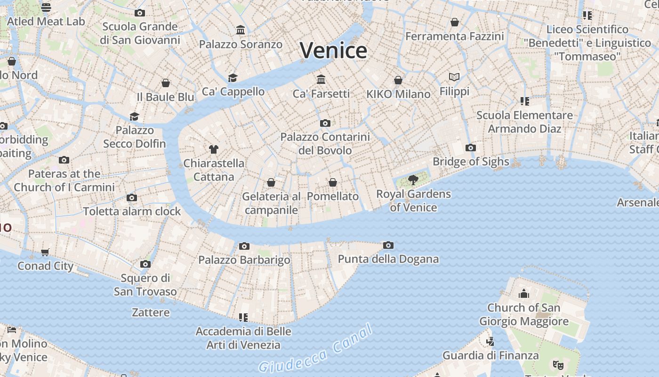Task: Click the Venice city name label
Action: coord(333,50)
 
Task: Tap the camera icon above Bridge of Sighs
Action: coord(470,148)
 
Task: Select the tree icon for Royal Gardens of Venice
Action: coord(413,180)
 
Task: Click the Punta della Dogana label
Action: coord(388,259)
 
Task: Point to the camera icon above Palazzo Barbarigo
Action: coord(244,246)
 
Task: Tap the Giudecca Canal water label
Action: coord(315,350)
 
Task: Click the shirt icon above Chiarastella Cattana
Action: coord(214,149)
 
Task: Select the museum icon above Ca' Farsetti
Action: coord(321,79)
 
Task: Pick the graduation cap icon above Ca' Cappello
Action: coord(233,78)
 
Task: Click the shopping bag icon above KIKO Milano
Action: coord(398,80)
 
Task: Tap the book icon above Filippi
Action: coord(454,77)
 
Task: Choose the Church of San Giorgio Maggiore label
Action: coord(523,314)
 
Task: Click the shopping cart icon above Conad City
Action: coord(45,252)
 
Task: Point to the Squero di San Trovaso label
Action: coord(145,285)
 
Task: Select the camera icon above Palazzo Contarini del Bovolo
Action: coord(325,123)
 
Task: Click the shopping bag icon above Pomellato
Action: coord(333,182)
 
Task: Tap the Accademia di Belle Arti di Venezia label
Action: coord(243,338)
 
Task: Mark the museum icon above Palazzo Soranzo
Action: coord(241,30)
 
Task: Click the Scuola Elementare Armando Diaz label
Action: coord(524,122)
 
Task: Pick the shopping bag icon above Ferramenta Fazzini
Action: coord(455,22)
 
